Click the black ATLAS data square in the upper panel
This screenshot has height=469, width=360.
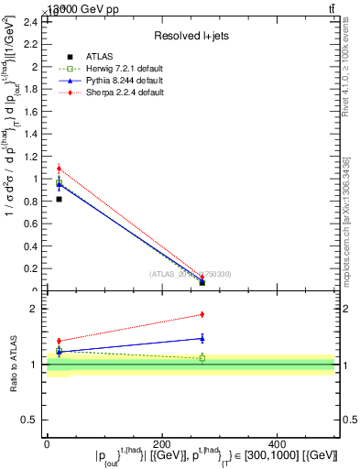point(59,199)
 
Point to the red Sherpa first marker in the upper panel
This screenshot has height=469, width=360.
point(59,169)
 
